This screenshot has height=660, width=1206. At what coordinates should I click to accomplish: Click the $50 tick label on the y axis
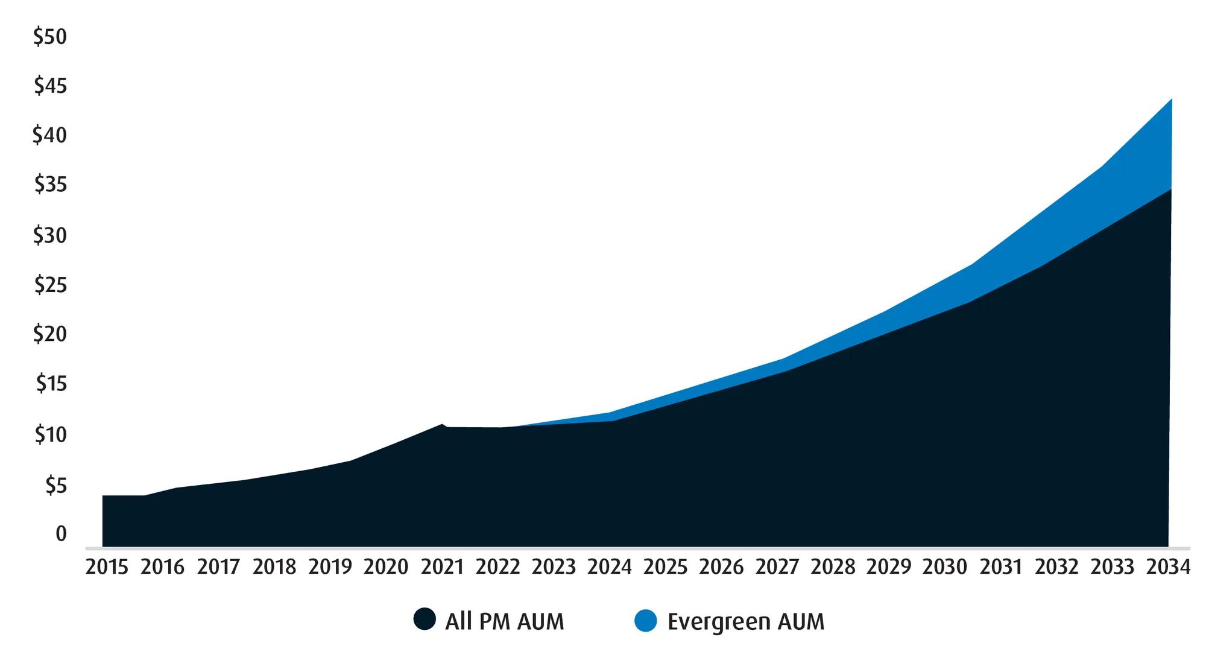tap(50, 37)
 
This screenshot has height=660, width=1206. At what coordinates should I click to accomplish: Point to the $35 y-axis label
tap(50, 184)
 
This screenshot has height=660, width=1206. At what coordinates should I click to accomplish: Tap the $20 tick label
tap(50, 334)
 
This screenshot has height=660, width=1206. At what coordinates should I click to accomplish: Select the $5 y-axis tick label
tap(56, 484)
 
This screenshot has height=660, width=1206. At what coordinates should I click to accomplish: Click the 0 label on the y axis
tap(61, 534)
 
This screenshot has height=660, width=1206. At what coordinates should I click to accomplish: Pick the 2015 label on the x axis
tap(107, 567)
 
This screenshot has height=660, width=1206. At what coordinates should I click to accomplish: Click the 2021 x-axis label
tap(442, 567)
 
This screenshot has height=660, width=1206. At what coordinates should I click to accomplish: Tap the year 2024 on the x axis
tap(610, 567)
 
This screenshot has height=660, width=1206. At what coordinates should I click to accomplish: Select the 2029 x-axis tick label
tap(889, 567)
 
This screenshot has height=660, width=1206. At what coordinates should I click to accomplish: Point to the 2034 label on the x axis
tap(1168, 567)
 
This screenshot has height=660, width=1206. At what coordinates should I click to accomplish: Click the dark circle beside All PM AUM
tap(425, 619)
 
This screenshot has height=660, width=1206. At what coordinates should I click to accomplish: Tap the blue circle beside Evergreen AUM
tap(646, 620)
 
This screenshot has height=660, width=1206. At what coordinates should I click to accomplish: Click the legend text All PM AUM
tap(505, 621)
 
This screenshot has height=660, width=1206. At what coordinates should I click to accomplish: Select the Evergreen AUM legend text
tap(746, 621)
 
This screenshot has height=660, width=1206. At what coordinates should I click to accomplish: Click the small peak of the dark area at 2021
tap(442, 424)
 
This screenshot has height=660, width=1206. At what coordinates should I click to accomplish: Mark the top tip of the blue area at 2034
tap(1172, 98)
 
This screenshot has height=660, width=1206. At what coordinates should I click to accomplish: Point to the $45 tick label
tap(50, 86)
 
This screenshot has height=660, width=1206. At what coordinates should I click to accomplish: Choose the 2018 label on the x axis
tap(274, 567)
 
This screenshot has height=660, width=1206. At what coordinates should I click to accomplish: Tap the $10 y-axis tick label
tap(50, 434)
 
